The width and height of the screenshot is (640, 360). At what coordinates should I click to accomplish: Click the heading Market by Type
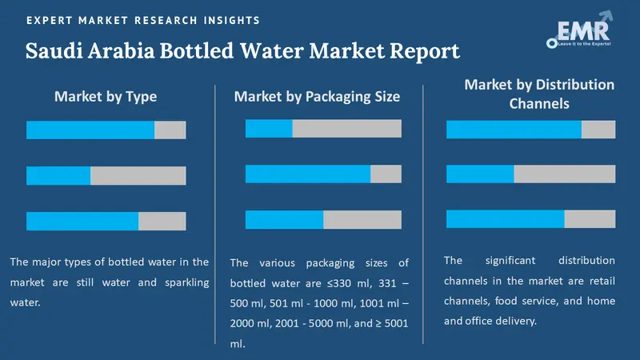pos(106,97)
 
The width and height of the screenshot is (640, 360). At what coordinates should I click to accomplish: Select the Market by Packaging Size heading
pos(317,97)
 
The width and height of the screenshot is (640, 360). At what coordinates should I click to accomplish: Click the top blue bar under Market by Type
pos(90,130)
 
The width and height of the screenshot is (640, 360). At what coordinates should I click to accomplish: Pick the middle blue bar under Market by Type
pos(58,175)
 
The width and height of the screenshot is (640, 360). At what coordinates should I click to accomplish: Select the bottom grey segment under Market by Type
pos(162,221)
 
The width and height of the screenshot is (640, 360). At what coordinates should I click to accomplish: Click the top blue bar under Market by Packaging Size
pos(269,128)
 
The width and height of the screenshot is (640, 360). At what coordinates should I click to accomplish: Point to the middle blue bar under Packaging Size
pos(308,174)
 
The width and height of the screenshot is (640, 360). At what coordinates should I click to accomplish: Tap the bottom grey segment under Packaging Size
pos(362,219)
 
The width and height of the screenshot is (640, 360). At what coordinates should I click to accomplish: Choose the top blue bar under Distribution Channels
pos(514,129)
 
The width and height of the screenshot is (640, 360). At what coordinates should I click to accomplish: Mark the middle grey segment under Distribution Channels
pos(565,174)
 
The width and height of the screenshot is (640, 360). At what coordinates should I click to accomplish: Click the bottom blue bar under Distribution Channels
pos(506,218)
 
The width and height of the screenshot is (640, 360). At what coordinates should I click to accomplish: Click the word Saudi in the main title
pos(57,52)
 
